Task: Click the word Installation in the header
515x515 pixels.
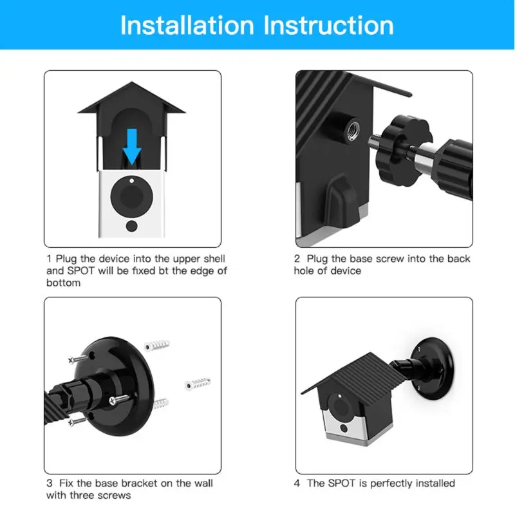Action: tap(187, 25)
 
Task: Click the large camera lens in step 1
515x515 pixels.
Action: tap(132, 194)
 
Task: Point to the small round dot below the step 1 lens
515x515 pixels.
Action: tap(132, 226)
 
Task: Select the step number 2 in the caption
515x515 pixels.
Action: tap(297, 259)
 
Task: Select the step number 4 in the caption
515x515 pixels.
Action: tap(297, 483)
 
